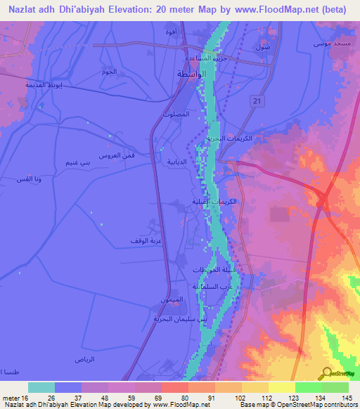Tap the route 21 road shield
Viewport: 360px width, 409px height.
click(x=255, y=102)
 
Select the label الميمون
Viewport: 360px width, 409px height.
click(x=172, y=300)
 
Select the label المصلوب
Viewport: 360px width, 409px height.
click(x=174, y=114)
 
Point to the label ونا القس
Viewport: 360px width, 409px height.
click(x=27, y=179)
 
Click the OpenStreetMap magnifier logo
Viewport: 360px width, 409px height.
click(x=326, y=374)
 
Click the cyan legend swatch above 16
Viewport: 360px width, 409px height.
click(x=41, y=387)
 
